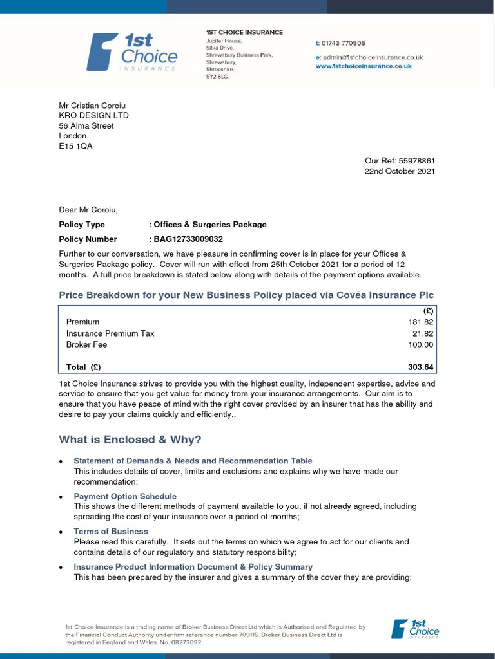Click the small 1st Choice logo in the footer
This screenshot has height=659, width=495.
tap(415, 629)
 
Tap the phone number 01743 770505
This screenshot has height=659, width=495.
tap(344, 44)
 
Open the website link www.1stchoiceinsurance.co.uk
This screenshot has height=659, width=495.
tap(364, 66)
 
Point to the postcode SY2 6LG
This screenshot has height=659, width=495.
tap(217, 76)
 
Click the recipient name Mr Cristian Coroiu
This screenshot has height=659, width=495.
tap(92, 106)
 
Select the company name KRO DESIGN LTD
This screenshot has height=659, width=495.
tap(93, 116)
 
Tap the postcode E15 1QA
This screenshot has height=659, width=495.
tap(75, 146)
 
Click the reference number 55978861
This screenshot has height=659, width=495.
tap(417, 161)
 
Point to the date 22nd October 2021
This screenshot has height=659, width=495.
tap(400, 171)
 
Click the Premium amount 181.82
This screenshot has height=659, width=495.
tap(421, 322)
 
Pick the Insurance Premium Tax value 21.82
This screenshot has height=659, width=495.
tap(423, 333)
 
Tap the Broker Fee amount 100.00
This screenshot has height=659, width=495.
tap(421, 345)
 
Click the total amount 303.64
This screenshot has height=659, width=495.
tap(421, 367)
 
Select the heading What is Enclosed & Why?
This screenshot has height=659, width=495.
tap(130, 440)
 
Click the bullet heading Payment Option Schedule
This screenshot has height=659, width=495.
tap(125, 496)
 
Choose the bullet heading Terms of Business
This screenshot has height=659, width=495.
tap(111, 532)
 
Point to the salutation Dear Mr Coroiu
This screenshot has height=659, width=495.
tap(88, 210)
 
